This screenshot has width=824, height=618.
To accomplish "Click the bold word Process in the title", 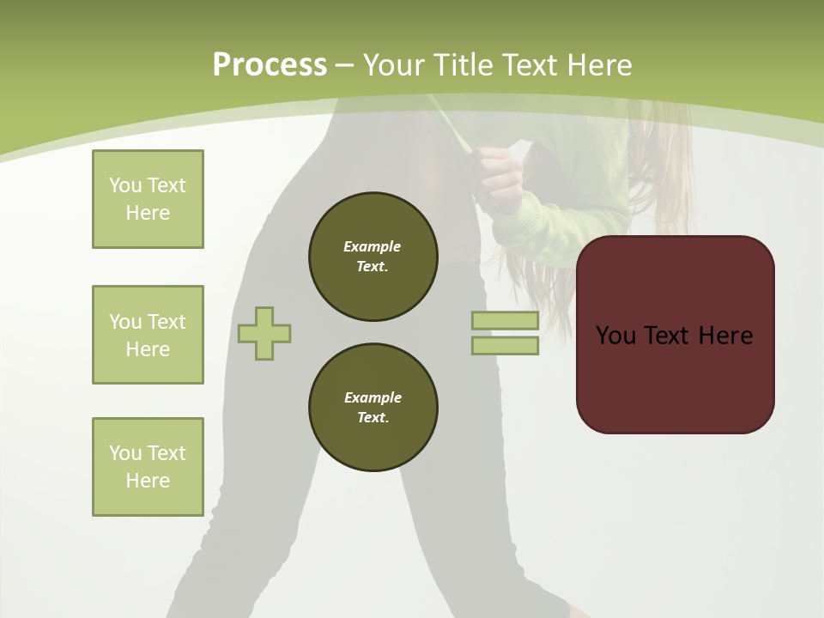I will tap(270, 65).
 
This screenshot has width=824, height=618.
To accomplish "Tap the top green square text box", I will tap(148, 199).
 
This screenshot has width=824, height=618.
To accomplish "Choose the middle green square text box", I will tap(148, 335).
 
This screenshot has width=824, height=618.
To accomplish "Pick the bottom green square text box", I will tap(148, 467).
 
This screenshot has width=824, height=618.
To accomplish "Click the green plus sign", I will tap(264, 333).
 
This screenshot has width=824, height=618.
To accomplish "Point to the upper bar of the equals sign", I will tap(505, 321).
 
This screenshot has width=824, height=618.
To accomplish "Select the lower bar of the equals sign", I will tap(505, 346).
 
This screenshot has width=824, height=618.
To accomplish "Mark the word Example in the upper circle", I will tap(373, 246).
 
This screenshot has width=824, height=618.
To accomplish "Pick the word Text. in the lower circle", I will tap(373, 418).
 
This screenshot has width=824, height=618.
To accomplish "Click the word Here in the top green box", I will tap(148, 213).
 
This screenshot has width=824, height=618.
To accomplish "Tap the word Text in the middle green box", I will tap(166, 322).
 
